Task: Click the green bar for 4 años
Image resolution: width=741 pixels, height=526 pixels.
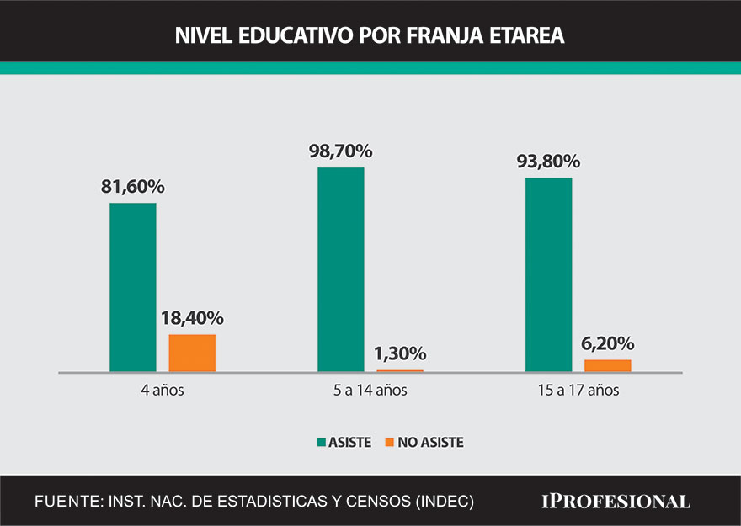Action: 133,287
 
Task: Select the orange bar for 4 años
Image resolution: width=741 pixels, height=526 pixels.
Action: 192,353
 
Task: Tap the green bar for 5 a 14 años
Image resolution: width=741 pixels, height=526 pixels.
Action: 341,269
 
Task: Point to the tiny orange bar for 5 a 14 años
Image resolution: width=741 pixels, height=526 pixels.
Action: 400,370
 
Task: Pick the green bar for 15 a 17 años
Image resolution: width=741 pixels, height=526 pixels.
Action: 548,274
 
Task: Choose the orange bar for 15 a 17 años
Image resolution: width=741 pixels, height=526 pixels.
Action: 608,365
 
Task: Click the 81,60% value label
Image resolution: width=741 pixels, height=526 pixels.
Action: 133,186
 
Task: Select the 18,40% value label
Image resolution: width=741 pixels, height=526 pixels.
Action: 192,318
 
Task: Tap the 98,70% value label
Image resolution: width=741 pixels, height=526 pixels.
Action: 341,151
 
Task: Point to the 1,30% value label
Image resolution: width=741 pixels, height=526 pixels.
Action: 400,353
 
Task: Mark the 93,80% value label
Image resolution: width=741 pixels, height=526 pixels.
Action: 548,161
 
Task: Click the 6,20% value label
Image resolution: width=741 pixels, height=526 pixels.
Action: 608,343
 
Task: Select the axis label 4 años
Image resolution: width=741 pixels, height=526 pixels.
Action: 163,391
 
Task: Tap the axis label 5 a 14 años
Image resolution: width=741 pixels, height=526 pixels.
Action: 370,391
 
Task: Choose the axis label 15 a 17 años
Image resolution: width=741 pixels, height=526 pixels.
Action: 578,391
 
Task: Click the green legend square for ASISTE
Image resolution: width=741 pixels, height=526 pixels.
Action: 322,442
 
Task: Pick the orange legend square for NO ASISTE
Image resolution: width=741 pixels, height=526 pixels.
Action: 389,442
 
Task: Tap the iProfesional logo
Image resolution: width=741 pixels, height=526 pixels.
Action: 615,501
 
